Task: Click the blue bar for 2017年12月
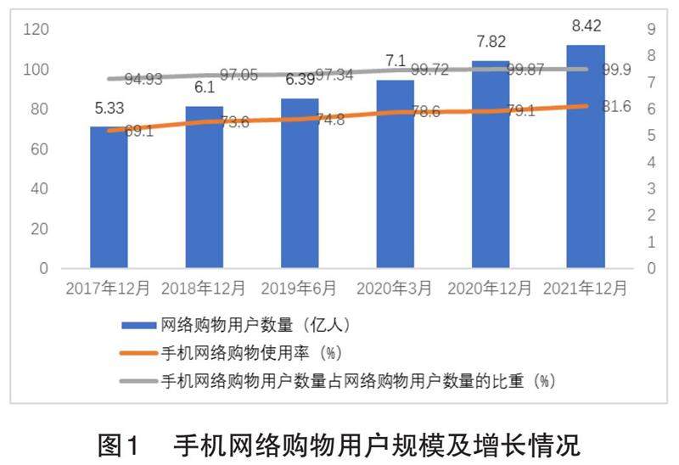[109, 199]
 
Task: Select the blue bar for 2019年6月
[300, 185]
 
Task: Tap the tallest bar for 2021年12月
[586, 157]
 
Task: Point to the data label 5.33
[109, 109]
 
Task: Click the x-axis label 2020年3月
[396, 289]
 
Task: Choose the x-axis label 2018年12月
[204, 289]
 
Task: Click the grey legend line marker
[139, 379]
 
